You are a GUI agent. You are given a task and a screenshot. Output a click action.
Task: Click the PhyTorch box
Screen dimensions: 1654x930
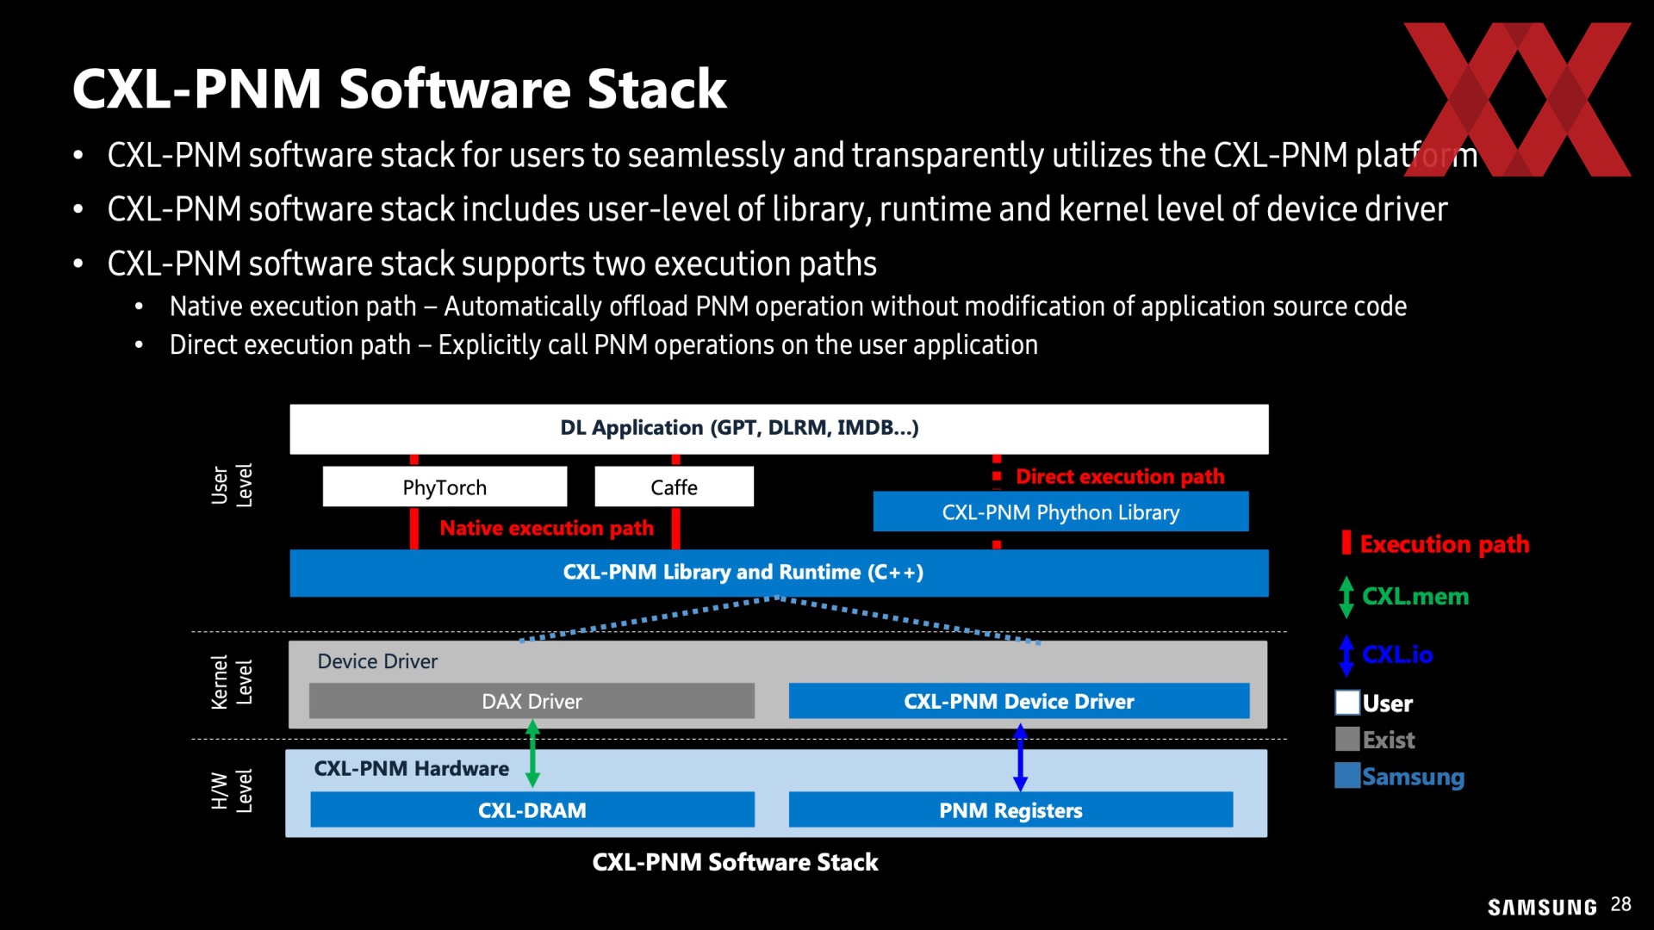[445, 487]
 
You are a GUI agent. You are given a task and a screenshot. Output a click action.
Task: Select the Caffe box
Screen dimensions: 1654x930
[674, 487]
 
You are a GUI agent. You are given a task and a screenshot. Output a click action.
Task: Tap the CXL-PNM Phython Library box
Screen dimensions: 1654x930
[1060, 512]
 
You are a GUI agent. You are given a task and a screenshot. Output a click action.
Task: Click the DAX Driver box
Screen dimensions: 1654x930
[532, 701]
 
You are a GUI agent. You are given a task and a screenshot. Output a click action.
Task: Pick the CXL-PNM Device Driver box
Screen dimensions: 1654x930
[1019, 701]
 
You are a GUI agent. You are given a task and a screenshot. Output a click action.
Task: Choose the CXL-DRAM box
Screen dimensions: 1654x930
[532, 809]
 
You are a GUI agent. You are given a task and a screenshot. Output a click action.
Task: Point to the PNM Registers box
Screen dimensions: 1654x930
[1010, 809]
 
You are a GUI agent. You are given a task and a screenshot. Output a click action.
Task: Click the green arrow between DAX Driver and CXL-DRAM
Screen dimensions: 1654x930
[532, 754]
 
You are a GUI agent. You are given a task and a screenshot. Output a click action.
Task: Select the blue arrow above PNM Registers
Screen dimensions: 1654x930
[1021, 757]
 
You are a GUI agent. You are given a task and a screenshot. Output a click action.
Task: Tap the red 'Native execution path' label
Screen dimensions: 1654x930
[546, 528]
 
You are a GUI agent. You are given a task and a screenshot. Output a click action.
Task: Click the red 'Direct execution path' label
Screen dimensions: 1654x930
[1120, 476]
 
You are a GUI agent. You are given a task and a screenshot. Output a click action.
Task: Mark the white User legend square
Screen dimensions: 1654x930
[1347, 703]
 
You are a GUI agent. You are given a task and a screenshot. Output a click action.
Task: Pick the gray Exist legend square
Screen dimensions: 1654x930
[1347, 739]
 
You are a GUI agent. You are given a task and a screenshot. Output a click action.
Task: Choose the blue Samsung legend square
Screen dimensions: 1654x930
[1347, 775]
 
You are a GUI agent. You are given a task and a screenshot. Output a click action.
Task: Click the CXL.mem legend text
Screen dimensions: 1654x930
[1415, 596]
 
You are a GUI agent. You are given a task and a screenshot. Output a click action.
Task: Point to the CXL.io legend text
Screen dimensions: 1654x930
[1397, 654]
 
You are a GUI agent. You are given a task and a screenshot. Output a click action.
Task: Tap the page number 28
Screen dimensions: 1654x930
[1620, 904]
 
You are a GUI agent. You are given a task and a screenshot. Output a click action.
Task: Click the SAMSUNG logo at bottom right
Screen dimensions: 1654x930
[1542, 907]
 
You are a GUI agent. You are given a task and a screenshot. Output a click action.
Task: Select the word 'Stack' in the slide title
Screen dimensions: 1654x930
[656, 89]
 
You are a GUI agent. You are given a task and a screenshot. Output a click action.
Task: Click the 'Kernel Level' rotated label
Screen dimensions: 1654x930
[232, 682]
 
